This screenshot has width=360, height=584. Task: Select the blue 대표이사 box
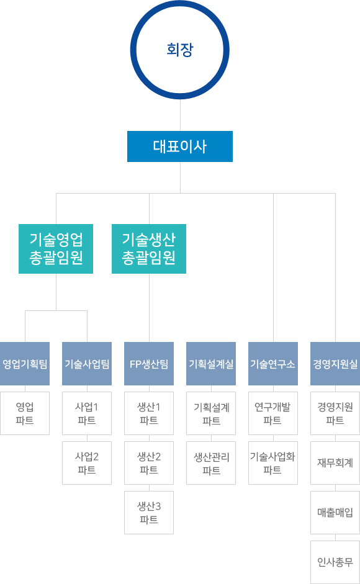[x=180, y=146]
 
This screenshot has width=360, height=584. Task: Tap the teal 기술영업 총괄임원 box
[x=56, y=249]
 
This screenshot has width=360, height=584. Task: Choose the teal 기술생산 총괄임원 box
[x=149, y=249]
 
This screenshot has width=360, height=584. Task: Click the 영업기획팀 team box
[x=25, y=364]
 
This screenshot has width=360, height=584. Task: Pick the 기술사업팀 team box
[x=87, y=364]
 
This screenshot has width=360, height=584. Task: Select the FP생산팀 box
[x=149, y=364]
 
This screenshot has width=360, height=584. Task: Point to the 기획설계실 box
[x=211, y=364]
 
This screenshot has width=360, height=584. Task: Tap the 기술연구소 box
[x=273, y=364]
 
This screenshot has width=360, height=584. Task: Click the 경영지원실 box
[x=335, y=364]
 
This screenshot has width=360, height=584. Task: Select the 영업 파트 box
[x=25, y=413]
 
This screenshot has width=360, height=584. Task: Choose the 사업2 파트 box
[x=87, y=463]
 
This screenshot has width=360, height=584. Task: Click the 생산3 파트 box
[x=149, y=513]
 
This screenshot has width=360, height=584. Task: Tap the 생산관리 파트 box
[x=211, y=463]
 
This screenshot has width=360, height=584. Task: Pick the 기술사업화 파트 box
[x=273, y=463]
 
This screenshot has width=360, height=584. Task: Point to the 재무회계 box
[x=335, y=463]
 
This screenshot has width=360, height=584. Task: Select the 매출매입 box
[x=335, y=513]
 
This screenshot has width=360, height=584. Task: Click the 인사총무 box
[x=335, y=562]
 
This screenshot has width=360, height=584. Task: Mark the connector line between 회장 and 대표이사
[x=181, y=115]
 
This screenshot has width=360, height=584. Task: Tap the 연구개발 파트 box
[x=273, y=413]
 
